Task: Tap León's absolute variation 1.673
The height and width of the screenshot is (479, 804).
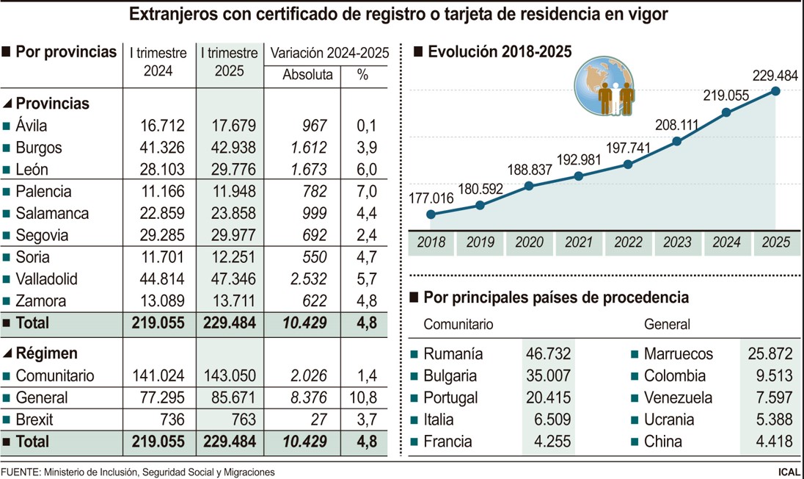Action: [x=307, y=169]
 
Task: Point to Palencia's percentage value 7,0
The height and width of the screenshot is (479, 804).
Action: [x=366, y=191]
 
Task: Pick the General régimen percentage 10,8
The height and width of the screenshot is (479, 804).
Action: [x=365, y=397]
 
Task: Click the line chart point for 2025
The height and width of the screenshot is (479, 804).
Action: [x=776, y=90]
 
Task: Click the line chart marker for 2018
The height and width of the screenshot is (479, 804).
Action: [x=431, y=215]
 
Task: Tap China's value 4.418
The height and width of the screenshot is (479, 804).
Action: [x=768, y=442]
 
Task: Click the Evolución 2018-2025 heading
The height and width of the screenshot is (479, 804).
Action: [x=500, y=51]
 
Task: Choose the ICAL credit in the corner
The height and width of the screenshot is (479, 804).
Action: [x=788, y=472]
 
